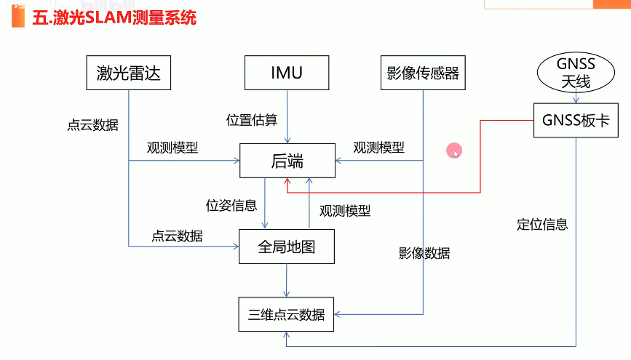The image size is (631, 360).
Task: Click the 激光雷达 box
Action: (128, 73)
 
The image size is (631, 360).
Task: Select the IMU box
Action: (287, 73)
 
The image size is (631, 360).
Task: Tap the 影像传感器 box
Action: (423, 73)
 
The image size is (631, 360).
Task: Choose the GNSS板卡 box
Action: (576, 121)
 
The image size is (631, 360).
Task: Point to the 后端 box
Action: (287, 161)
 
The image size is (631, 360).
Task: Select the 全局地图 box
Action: (287, 247)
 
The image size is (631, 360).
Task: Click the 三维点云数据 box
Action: (287, 315)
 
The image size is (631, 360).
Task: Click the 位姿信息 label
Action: (231, 205)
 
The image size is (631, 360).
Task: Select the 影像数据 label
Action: (424, 253)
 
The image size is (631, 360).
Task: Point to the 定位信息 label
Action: (542, 224)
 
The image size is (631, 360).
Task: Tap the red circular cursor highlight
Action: (453, 151)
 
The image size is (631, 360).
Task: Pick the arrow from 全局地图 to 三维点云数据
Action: (287, 280)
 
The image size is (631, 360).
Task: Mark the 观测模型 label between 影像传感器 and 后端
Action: (378, 147)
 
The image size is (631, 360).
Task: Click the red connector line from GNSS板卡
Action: (480, 156)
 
